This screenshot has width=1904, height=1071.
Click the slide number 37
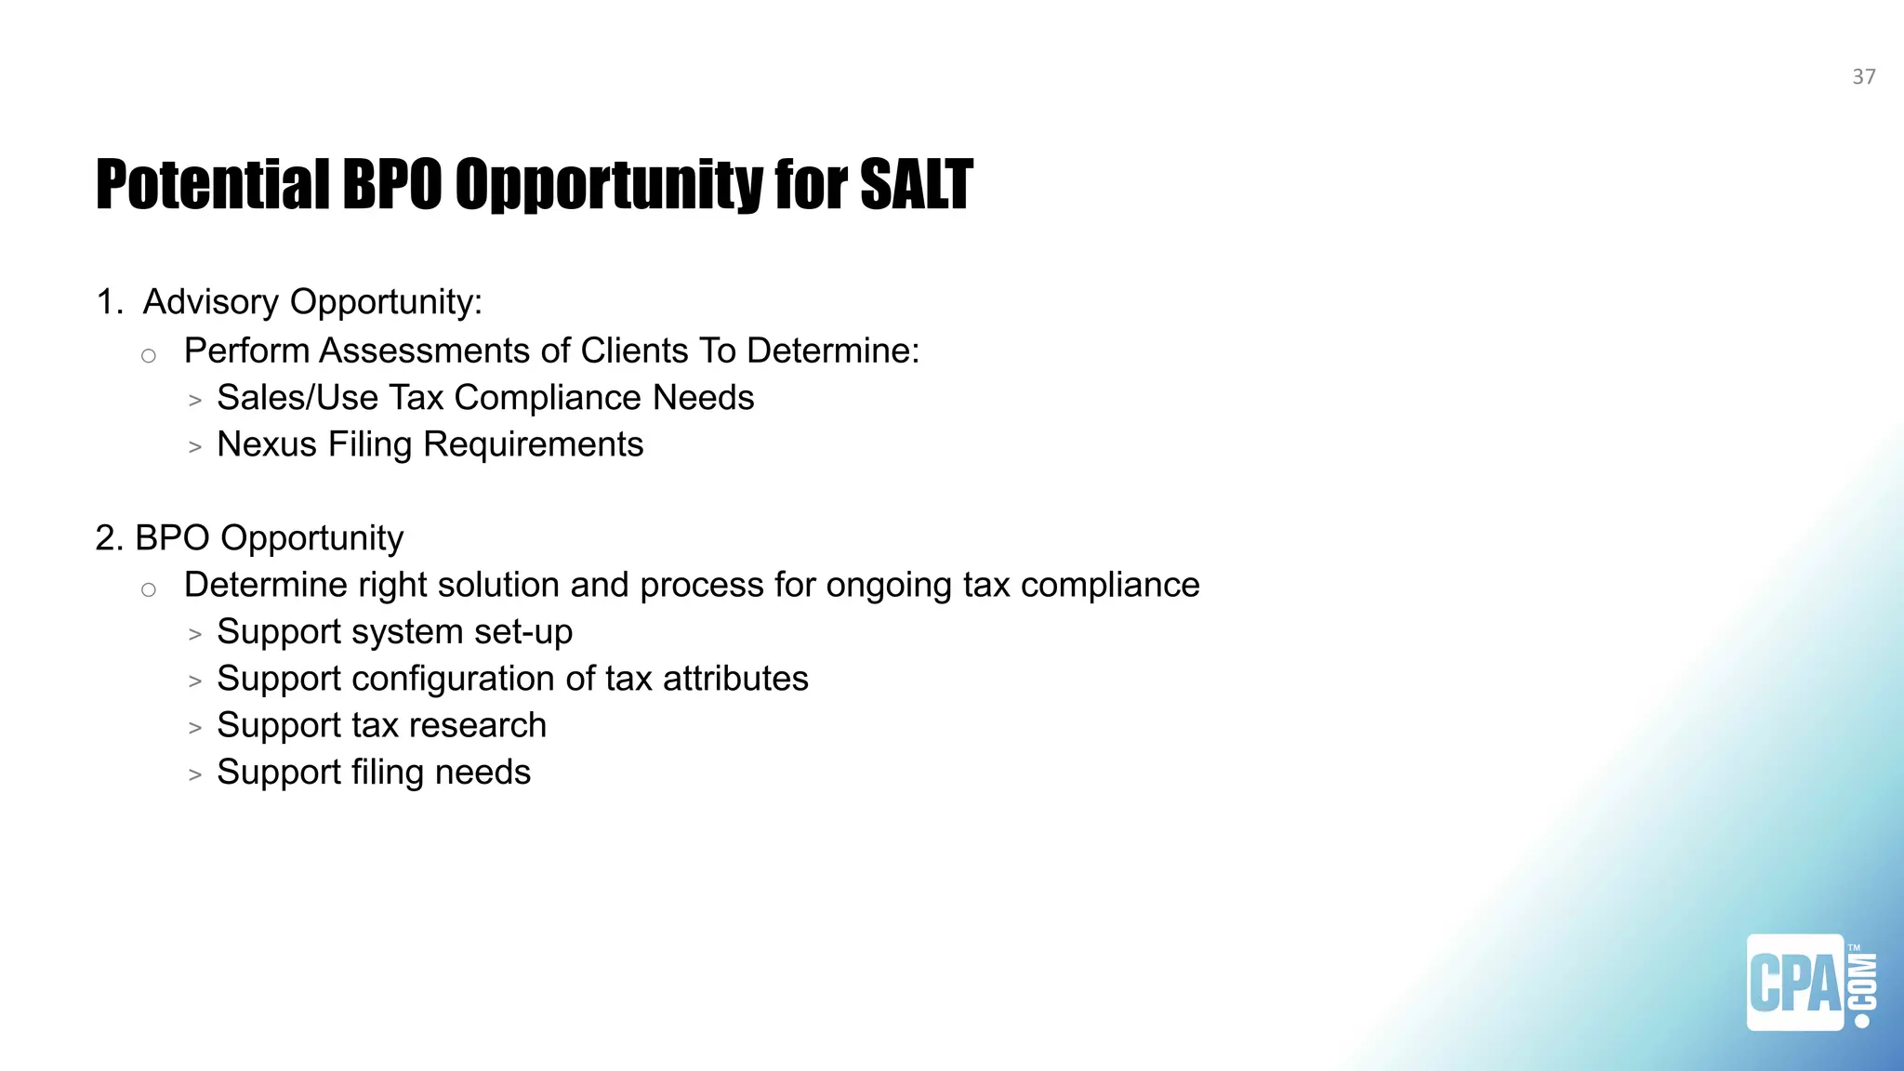1863,77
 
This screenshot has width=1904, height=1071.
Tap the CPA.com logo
1810,982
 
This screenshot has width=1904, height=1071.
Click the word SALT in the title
916,184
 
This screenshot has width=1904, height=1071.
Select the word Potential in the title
212,184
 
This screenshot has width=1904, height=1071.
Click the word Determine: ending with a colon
833,351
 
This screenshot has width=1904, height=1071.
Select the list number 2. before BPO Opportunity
110,538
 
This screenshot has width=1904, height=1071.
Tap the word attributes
735,679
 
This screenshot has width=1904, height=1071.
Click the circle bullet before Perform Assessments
149,355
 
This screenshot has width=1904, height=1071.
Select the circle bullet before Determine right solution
149,589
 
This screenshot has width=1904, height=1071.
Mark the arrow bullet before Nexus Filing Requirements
194,447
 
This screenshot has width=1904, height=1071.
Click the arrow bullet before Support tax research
194,728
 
